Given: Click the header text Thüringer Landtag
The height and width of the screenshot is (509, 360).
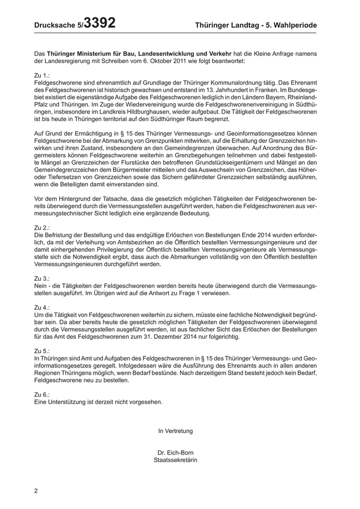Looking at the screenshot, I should click(x=228, y=25).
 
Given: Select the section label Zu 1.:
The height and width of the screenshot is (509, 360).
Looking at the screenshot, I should click(x=42, y=75).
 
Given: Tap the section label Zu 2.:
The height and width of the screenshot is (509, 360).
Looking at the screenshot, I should click(x=42, y=227).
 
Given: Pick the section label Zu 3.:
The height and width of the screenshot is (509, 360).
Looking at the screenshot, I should click(x=42, y=278).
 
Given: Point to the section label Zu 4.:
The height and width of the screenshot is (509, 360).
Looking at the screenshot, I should click(x=42, y=307).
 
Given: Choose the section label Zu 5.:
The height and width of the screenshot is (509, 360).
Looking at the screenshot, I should click(x=42, y=351).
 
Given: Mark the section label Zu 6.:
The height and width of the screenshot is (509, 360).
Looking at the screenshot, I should click(x=42, y=394).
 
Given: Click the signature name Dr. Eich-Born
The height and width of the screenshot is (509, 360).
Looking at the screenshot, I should click(x=175, y=452).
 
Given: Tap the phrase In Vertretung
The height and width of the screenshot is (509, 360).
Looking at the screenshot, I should click(x=175, y=431).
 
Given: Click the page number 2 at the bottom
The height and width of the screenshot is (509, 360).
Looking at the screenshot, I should click(x=36, y=490).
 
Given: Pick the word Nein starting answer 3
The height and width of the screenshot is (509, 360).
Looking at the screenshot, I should click(x=41, y=285).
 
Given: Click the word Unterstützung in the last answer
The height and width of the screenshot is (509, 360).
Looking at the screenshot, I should click(x=65, y=402).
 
